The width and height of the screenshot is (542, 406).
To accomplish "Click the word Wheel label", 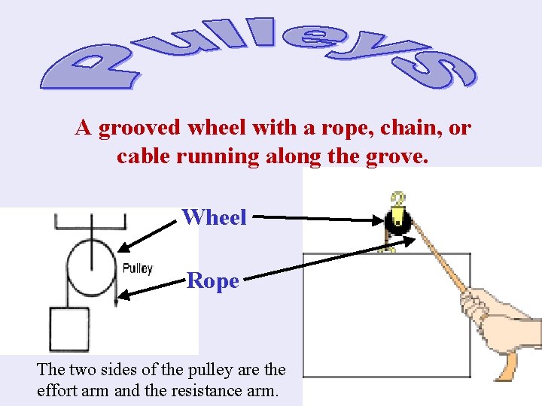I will (x=215, y=217).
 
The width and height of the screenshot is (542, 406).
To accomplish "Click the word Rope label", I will (x=213, y=281).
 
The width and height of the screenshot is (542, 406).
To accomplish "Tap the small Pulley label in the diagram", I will (x=137, y=268).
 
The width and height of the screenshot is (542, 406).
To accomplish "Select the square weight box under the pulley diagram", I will (x=69, y=329).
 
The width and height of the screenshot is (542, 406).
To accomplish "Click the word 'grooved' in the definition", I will (x=139, y=129).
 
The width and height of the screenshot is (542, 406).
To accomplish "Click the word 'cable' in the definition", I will (x=141, y=157).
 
